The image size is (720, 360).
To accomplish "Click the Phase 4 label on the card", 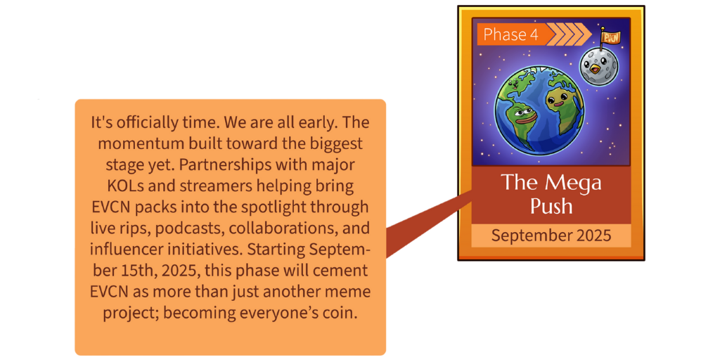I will point(510,34).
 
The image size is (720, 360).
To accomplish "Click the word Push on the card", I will point(551,206).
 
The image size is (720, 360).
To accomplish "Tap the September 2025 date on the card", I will point(551,236).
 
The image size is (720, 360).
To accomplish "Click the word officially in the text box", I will point(150,122).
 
